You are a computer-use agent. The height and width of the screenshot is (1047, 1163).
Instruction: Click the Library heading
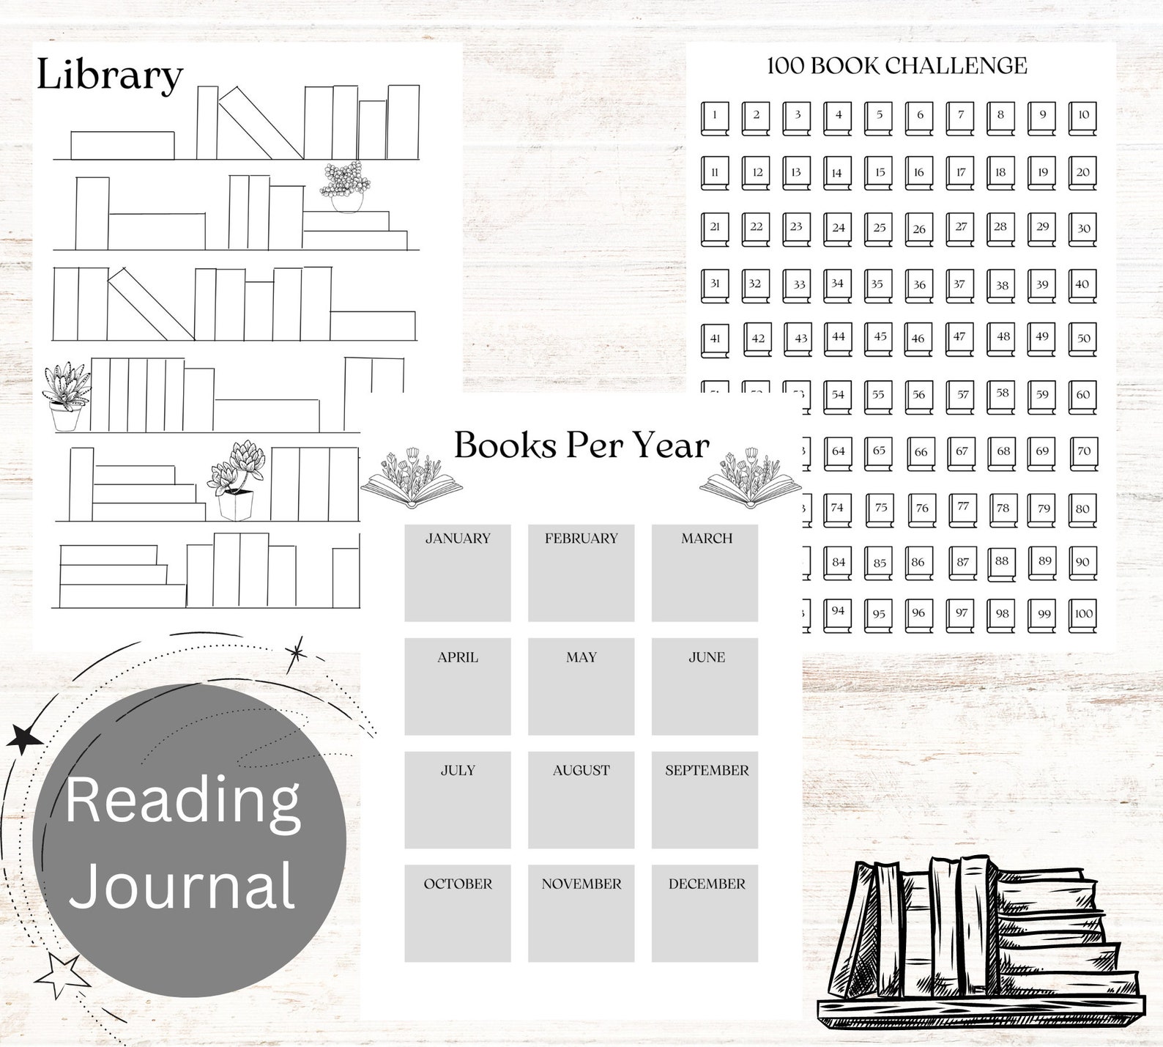tap(109, 75)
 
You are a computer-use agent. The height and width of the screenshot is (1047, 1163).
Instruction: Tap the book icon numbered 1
tap(715, 118)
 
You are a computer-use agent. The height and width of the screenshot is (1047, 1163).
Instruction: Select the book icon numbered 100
tap(1083, 616)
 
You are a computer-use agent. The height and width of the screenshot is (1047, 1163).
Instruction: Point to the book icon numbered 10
tap(1083, 118)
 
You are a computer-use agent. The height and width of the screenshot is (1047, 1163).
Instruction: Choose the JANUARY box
tap(458, 573)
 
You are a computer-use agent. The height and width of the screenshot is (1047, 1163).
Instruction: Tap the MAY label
tap(581, 658)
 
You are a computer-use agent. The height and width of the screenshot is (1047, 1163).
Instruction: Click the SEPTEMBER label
tap(707, 771)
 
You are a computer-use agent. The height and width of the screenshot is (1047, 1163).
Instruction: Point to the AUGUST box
tap(581, 799)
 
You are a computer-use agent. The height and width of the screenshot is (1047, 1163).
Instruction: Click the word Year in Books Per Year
tap(671, 445)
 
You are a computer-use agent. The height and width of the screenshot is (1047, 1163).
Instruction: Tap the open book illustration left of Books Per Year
tap(412, 482)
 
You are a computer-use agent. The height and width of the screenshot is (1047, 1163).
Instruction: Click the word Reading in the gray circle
tap(183, 802)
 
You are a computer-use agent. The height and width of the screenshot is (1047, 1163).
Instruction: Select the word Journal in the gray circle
tap(183, 884)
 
